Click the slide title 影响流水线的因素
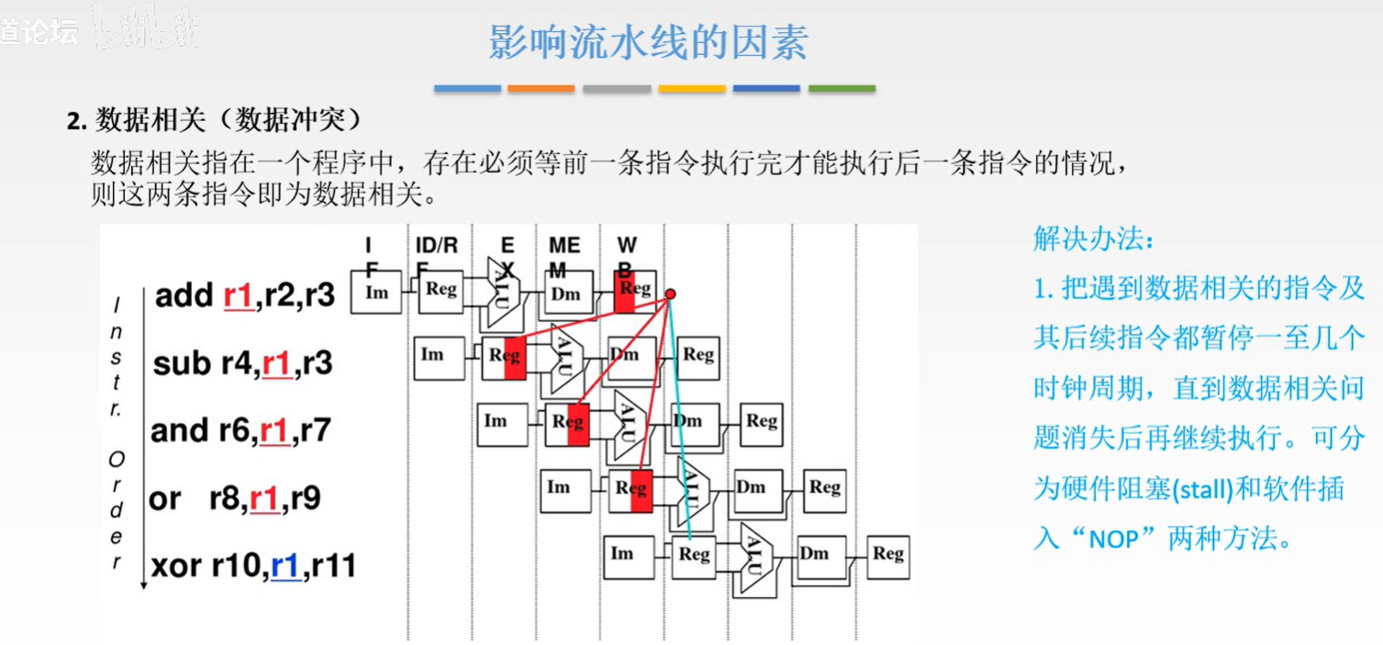tap(648, 42)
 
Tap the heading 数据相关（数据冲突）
tap(217, 120)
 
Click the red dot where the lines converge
tap(670, 294)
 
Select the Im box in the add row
tap(376, 293)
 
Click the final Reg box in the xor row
tap(887, 555)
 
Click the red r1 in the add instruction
tap(238, 295)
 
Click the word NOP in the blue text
tap(1117, 539)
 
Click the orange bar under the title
tap(541, 89)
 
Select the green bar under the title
tap(842, 89)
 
